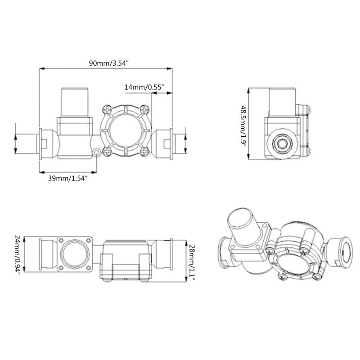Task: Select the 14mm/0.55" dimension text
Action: click(144, 87)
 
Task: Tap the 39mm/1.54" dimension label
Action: click(67, 178)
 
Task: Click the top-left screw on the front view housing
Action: click(107, 108)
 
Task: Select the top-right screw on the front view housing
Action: click(144, 108)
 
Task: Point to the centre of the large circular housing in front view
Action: click(126, 130)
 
